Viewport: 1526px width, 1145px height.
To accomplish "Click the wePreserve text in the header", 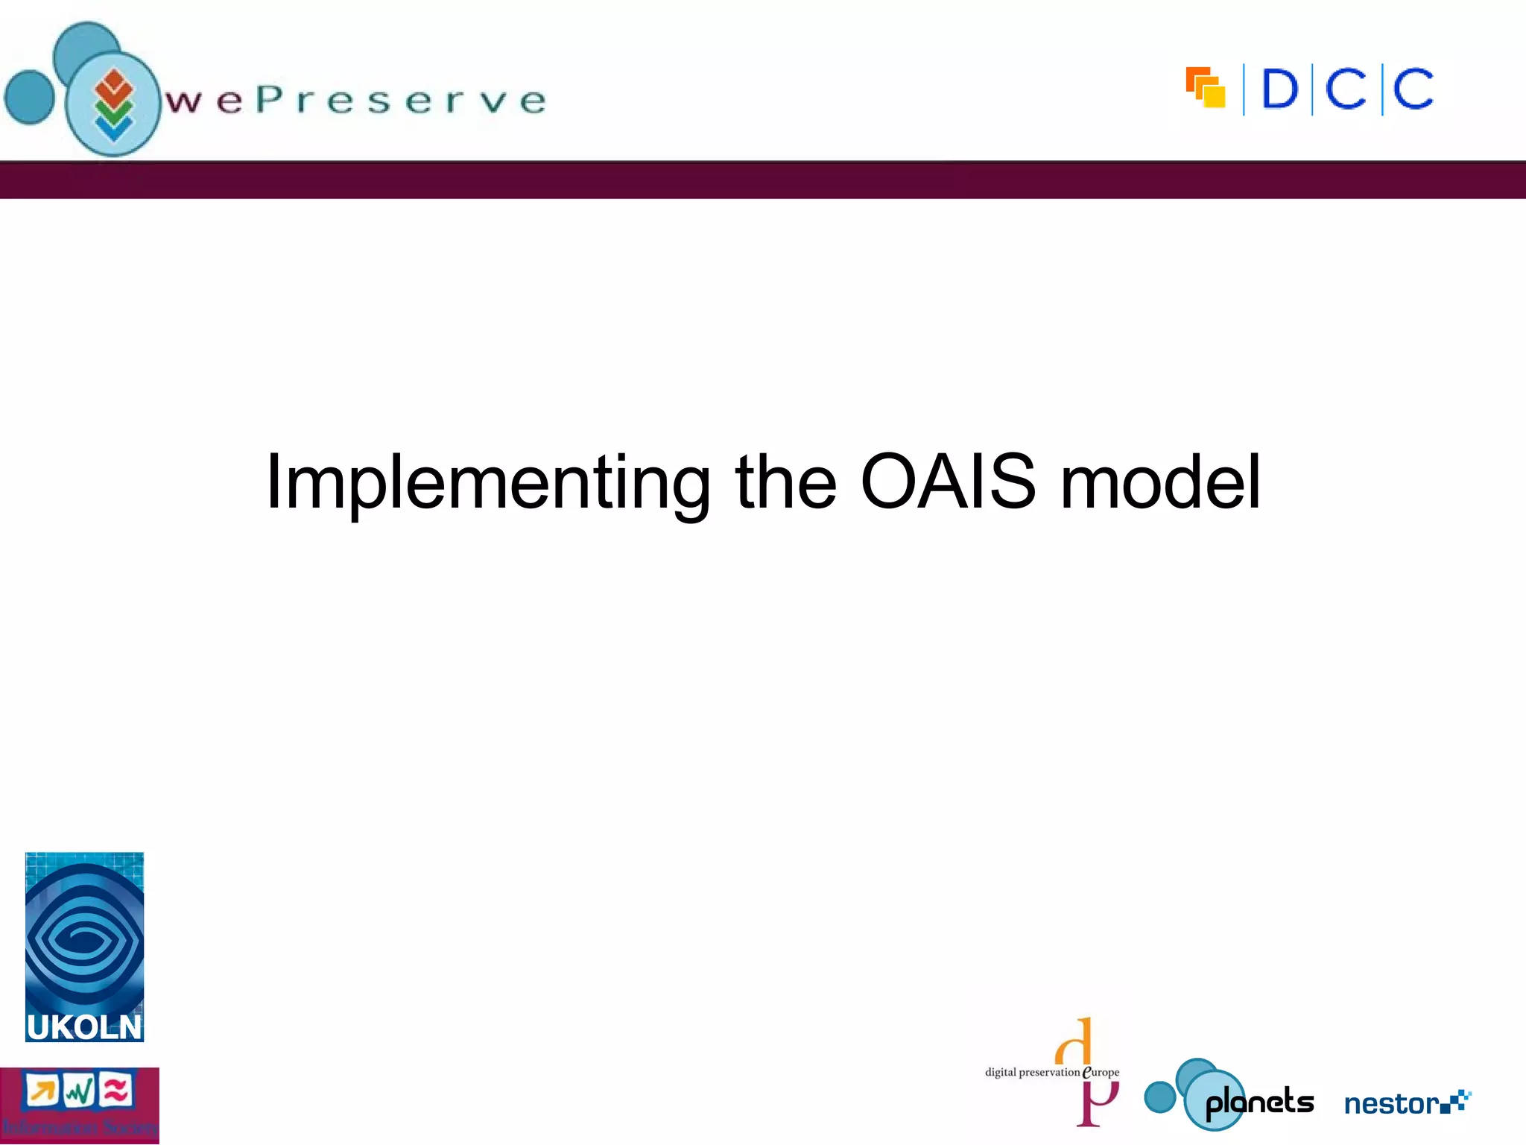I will [356, 101].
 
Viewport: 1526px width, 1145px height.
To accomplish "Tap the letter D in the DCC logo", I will [1279, 89].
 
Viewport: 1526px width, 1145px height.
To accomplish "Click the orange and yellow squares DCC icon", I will [1206, 88].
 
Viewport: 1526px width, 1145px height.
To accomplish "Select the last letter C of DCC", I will [1413, 89].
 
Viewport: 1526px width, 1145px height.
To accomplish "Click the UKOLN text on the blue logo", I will [84, 1027].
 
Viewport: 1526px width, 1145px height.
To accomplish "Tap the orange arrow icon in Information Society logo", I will [42, 1091].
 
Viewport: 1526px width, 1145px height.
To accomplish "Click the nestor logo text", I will [1392, 1103].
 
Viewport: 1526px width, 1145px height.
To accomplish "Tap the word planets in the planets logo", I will [1259, 1102].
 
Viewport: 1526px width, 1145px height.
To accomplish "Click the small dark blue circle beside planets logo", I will [1159, 1097].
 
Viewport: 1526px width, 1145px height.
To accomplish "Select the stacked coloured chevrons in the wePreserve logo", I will [113, 104].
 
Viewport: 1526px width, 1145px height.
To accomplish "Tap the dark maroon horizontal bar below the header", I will [763, 180].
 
